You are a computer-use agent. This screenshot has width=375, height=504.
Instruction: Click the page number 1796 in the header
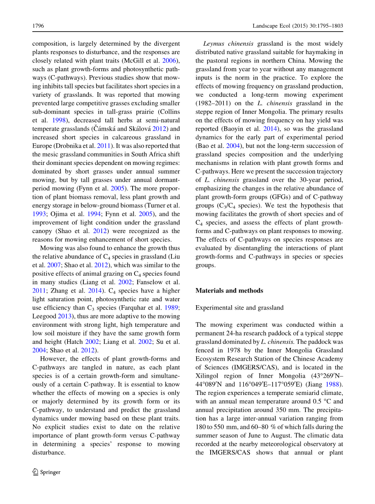click(x=38, y=26)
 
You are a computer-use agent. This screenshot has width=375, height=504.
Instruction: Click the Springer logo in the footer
click(x=46, y=472)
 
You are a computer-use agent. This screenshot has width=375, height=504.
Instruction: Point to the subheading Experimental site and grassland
click(x=239, y=308)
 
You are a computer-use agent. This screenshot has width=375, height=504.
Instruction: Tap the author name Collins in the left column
click(x=168, y=112)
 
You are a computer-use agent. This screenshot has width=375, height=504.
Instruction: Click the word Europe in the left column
click(x=42, y=146)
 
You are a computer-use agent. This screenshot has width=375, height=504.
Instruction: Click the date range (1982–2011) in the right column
click(x=215, y=103)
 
